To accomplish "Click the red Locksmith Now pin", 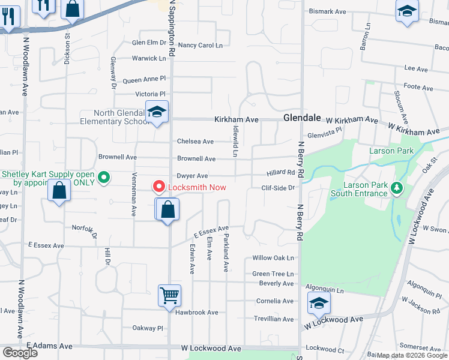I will tap(159, 187).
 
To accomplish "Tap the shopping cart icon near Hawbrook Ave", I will tap(170, 295).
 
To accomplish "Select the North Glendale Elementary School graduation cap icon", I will tap(157, 112).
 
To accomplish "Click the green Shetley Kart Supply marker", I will tap(104, 177).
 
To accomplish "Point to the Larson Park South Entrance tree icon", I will tap(396, 188).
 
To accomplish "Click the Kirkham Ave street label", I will tap(237, 120).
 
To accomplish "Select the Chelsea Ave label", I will tap(195, 142).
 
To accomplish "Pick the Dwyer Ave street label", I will tap(192, 176).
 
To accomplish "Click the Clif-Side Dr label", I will tap(279, 188).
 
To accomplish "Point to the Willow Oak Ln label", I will tap(273, 258).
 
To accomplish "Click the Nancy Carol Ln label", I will tap(200, 45).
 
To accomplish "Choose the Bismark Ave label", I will tap(327, 11).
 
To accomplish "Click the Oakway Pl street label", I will tap(148, 328).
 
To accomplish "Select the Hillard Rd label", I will tap(282, 173).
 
